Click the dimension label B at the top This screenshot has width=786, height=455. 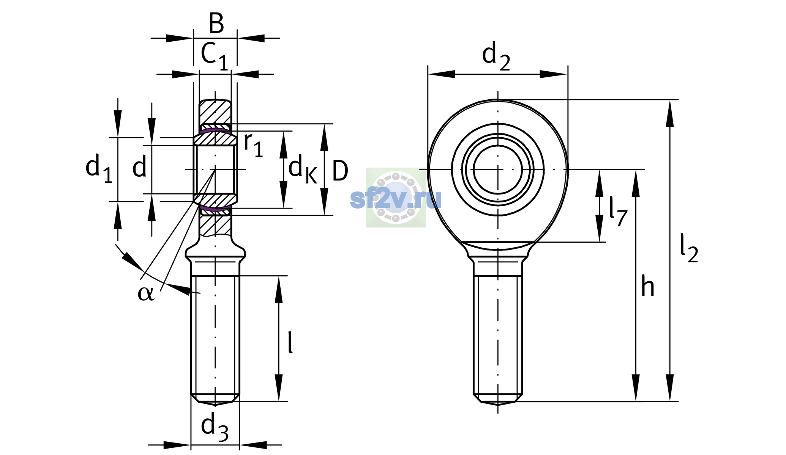(x=216, y=24)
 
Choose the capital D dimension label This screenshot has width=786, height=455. (x=340, y=171)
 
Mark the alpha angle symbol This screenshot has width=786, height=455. (x=146, y=293)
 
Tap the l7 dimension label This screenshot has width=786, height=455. (x=618, y=211)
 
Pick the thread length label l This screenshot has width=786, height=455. (x=290, y=342)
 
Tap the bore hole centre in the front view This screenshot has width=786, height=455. (x=498, y=169)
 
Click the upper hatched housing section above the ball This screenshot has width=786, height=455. (x=215, y=112)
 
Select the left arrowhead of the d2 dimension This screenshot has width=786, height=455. (x=441, y=74)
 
